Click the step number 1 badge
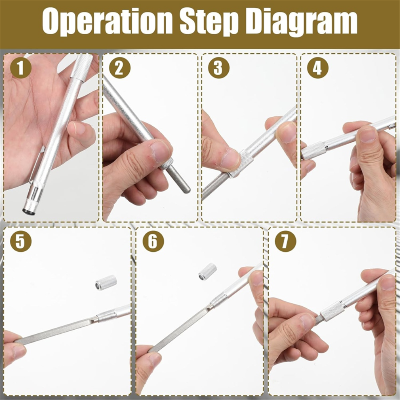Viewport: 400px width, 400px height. (x=21, y=68)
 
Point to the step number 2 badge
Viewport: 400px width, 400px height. (x=120, y=68)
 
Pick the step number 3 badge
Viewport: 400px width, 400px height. (x=219, y=68)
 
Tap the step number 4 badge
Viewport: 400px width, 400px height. (x=318, y=68)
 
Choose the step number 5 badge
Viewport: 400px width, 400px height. (x=21, y=241)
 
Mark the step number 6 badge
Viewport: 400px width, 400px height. (x=153, y=241)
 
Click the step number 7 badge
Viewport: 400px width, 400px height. (x=286, y=241)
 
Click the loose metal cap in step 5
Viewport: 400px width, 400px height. (x=106, y=282)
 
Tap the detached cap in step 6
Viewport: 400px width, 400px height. (x=207, y=272)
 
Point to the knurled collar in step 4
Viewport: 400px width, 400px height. (x=314, y=151)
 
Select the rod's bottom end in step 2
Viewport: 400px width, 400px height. (x=187, y=190)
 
